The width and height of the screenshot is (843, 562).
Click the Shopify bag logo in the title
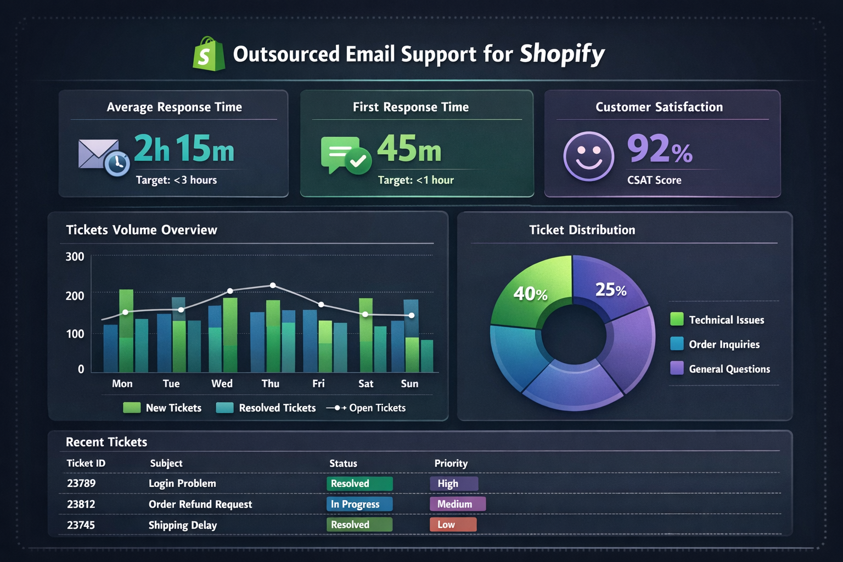point(209,54)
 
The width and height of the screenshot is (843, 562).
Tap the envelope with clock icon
point(103,156)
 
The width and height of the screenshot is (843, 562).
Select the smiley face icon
point(588,156)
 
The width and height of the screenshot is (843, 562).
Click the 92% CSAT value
point(659,149)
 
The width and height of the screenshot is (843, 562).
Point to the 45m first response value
point(409,149)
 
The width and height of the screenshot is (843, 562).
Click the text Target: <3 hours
point(176,180)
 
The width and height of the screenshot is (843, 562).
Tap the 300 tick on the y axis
point(75,257)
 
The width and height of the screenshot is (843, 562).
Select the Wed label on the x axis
point(222,384)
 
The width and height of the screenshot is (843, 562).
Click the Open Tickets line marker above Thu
point(273,285)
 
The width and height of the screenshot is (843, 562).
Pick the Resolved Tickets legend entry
point(266,408)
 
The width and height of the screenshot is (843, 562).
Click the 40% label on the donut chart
point(530,294)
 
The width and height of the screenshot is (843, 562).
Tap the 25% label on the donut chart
point(611,290)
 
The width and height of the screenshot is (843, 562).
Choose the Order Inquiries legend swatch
point(677,344)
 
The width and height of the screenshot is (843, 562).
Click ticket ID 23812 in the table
point(81,504)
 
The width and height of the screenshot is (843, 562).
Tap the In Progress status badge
point(359,504)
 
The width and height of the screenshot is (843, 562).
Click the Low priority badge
point(453,525)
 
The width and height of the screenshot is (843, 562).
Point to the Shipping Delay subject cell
point(183,525)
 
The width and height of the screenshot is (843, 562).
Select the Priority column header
point(451,463)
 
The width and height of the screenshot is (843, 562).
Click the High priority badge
point(454,484)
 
